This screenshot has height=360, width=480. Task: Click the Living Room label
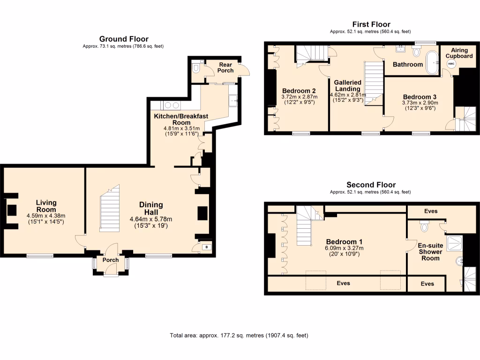pos(46,206)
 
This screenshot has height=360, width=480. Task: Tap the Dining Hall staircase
pos(110,208)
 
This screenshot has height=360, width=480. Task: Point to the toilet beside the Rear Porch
pos(196,69)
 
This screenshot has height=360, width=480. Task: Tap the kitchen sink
pos(233,100)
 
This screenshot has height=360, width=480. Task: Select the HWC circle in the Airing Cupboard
pos(451,64)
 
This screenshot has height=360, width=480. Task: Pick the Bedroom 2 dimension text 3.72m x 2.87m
pos(299,97)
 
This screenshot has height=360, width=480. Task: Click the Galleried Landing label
pos(347,85)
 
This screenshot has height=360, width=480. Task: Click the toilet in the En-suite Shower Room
pos(425,227)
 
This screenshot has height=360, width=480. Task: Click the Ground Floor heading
pos(124,39)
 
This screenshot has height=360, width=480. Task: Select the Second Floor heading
pos(371,185)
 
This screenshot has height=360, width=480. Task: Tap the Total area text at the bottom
pos(239,336)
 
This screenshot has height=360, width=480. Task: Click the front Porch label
pos(111,260)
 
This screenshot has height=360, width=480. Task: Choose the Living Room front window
pos(39,256)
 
